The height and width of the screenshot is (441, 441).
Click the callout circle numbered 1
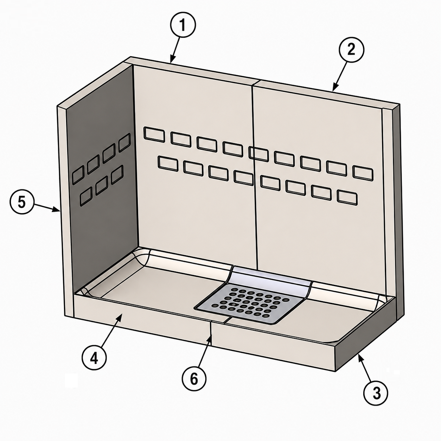183,25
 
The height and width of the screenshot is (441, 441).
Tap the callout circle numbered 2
351,50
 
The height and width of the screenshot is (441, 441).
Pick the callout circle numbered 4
94,357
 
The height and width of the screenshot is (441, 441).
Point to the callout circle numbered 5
22,202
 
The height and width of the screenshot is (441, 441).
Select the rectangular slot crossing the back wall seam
258,154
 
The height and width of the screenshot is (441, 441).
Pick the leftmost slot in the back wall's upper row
154,135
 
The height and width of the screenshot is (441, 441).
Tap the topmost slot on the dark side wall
124,143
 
